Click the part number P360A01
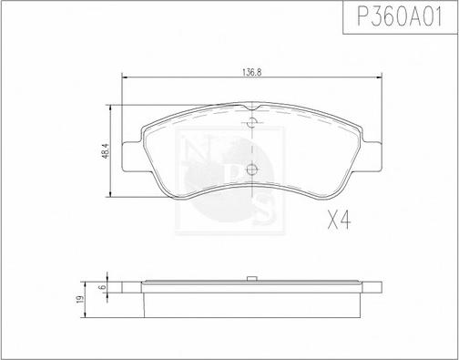400,16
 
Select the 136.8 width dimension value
252,73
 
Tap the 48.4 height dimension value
106,151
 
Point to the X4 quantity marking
339,221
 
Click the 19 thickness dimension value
80,299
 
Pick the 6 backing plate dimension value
103,287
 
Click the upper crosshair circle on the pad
251,122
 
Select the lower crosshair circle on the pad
251,169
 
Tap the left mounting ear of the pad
132,157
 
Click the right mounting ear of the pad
372,157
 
